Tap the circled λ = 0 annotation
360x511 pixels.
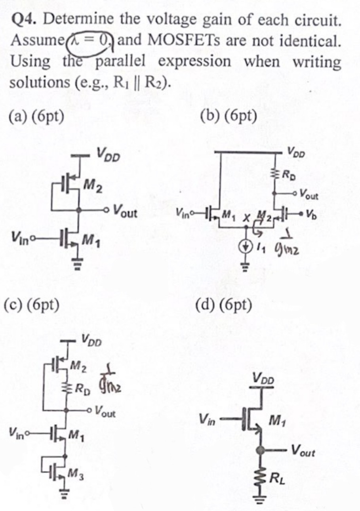coord(91,40)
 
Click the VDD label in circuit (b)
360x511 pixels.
coord(296,151)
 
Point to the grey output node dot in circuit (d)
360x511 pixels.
coord(261,450)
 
